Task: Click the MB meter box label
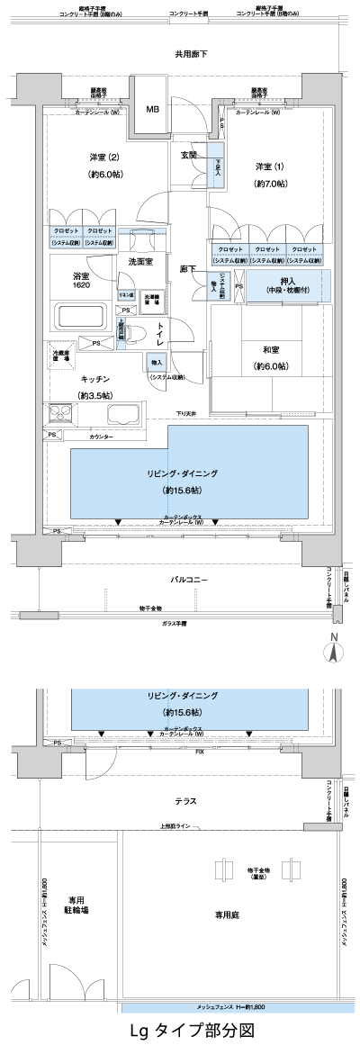pyautogui.click(x=153, y=109)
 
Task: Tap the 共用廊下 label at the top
pyautogui.click(x=191, y=55)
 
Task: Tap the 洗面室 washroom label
pyautogui.click(x=139, y=262)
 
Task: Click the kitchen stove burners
pyautogui.click(x=60, y=415)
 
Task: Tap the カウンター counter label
pyautogui.click(x=101, y=437)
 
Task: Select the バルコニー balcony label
pyautogui.click(x=190, y=580)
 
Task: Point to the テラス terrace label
pyautogui.click(x=187, y=800)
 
